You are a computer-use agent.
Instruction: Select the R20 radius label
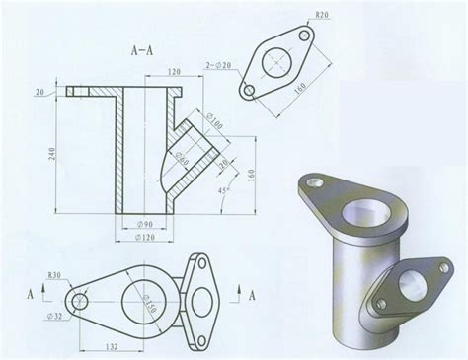322,17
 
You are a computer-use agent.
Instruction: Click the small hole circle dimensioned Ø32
79,299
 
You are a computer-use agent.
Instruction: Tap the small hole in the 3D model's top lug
316,181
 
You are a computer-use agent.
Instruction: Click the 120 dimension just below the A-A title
174,72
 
